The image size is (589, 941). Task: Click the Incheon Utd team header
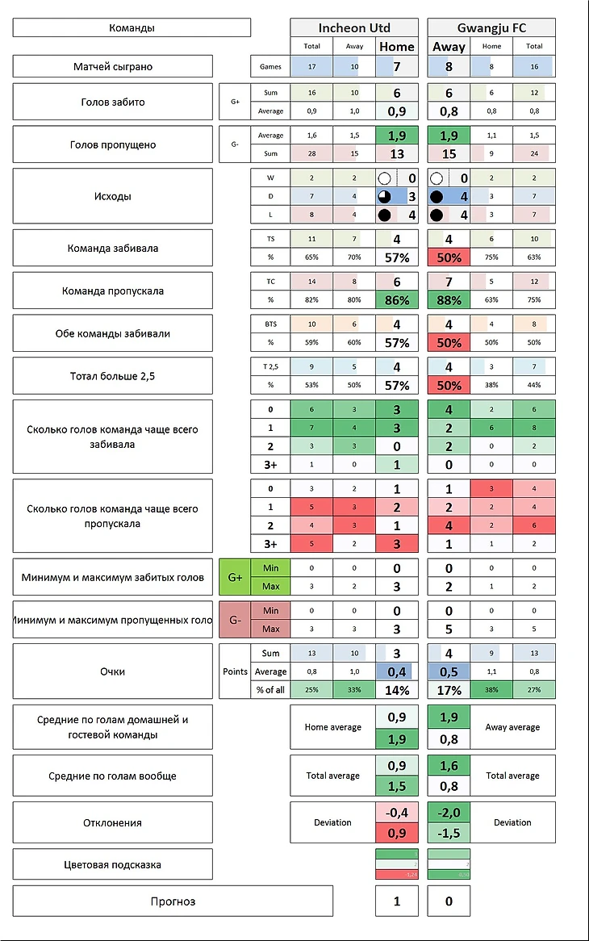[354, 27]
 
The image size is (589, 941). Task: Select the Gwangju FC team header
[491, 27]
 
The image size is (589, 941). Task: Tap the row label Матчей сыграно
[112, 66]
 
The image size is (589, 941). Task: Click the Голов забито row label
[112, 102]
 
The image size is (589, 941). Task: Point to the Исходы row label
[112, 196]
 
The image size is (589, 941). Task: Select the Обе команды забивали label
[112, 333]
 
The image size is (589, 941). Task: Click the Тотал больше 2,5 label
[112, 376]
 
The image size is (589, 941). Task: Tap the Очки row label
[112, 671]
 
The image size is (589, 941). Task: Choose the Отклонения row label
[112, 822]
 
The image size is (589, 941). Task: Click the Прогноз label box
[173, 901]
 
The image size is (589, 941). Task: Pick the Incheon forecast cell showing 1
[396, 901]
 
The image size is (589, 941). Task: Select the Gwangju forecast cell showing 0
[449, 901]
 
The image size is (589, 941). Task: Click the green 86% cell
[396, 300]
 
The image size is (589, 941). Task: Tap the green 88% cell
[449, 300]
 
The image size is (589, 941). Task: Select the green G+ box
[235, 577]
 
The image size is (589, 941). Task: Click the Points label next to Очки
[235, 671]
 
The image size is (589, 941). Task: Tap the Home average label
[332, 727]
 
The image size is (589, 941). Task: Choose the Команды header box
[132, 27]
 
